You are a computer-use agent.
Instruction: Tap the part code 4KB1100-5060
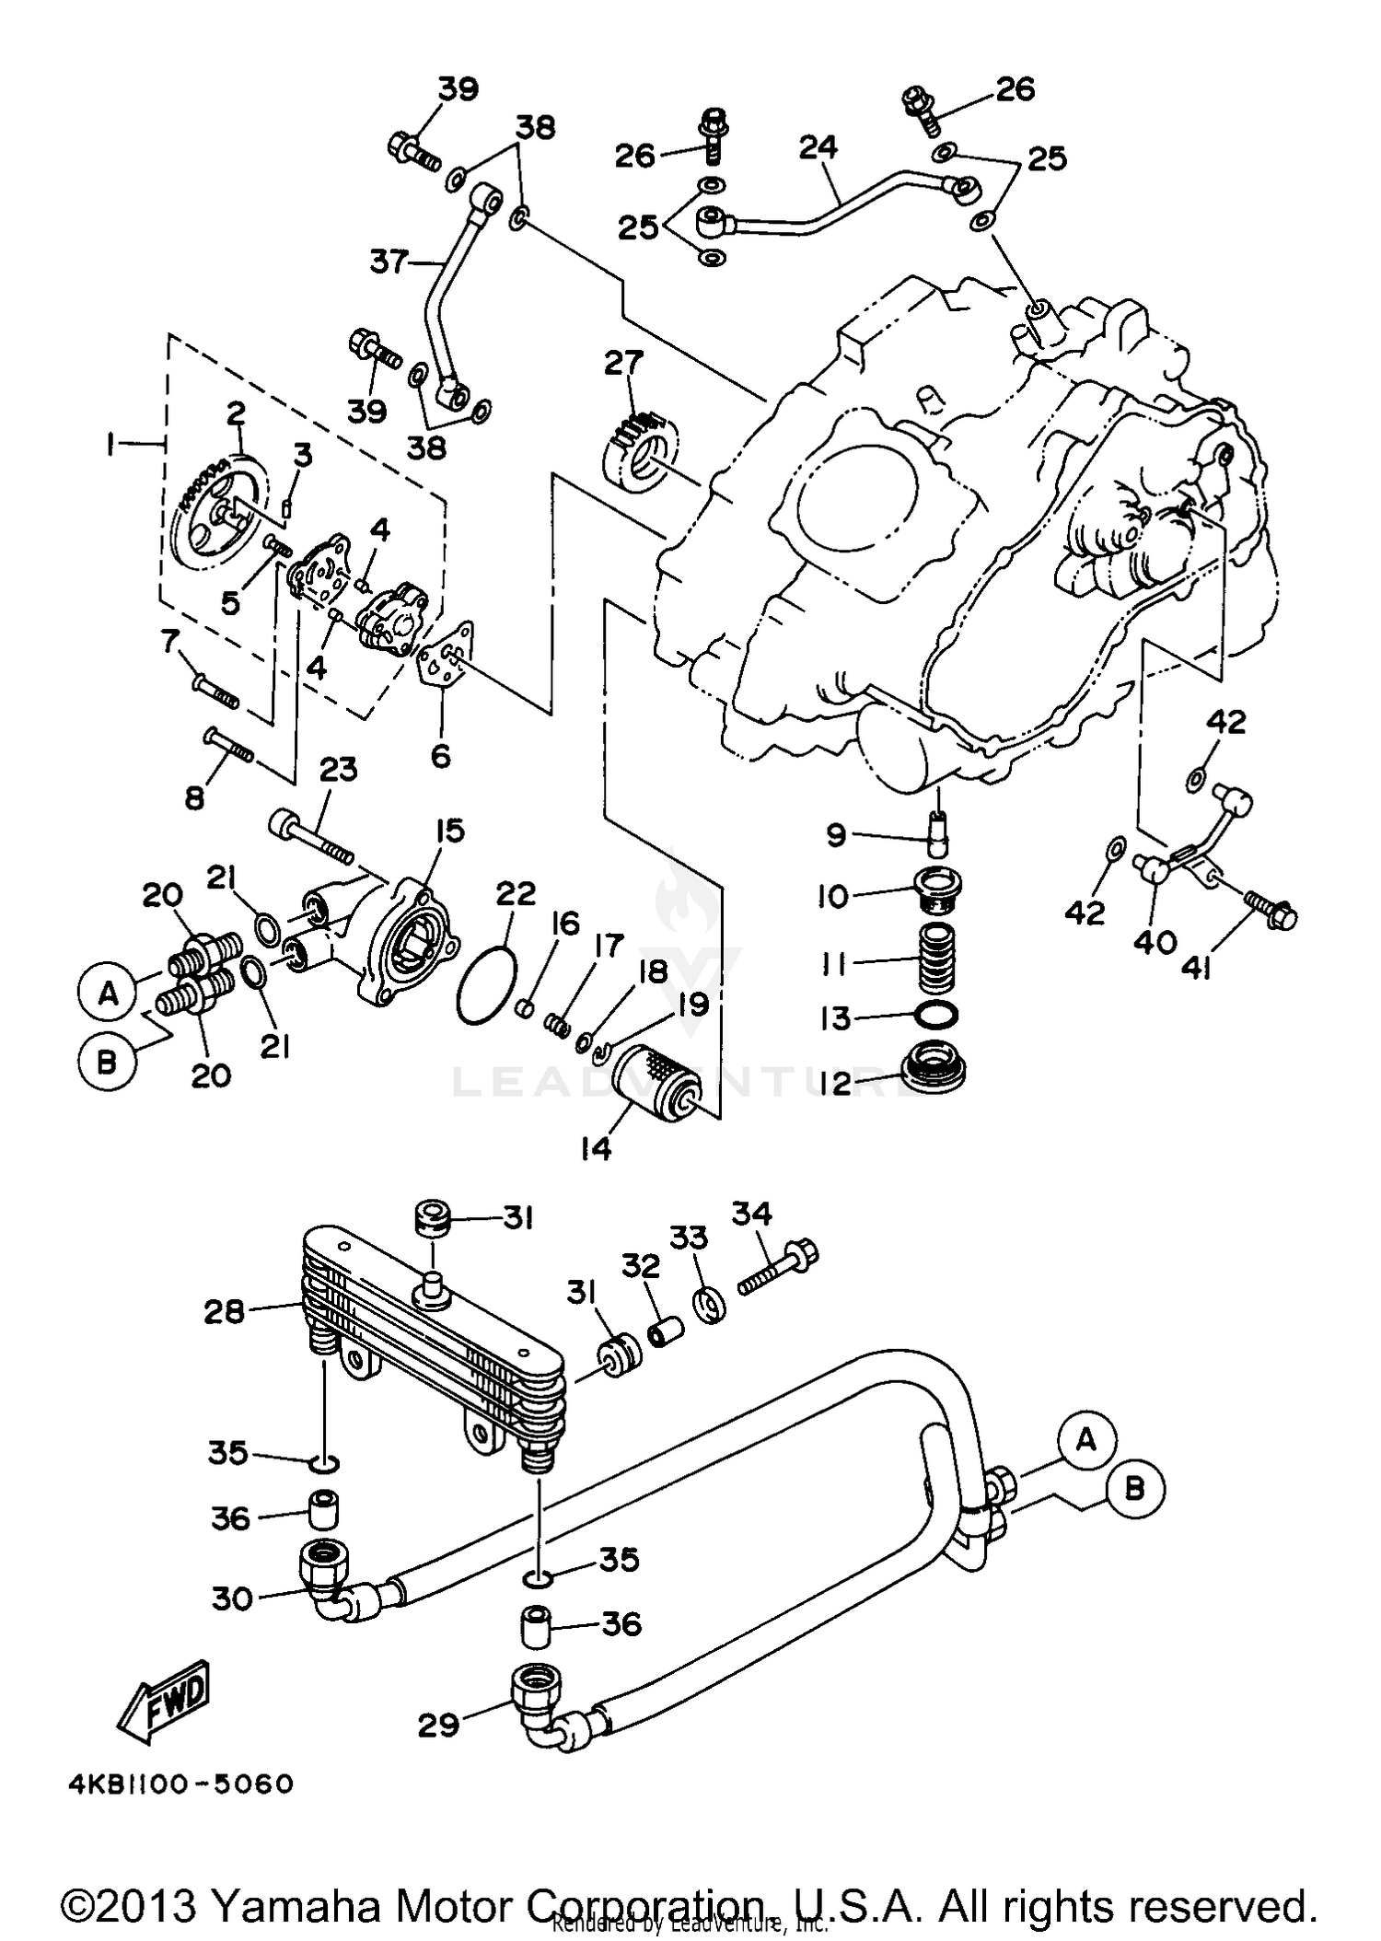[180, 1784]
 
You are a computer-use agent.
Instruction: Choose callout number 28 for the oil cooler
[225, 1311]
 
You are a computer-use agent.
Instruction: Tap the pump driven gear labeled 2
[220, 508]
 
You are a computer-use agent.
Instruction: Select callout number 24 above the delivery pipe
[818, 146]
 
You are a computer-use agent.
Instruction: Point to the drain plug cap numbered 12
[933, 1070]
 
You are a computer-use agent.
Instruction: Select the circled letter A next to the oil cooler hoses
[1086, 1441]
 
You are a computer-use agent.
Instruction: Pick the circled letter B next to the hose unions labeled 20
[107, 1063]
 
